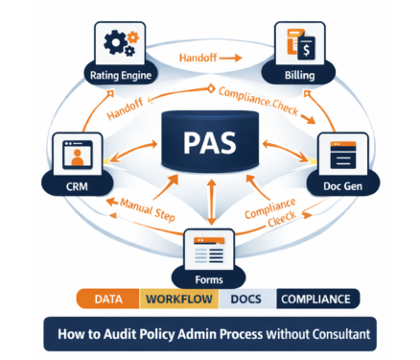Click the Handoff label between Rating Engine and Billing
(211, 59)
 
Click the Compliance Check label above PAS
(272, 99)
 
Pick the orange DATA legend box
(106, 300)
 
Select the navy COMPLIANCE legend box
(317, 300)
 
